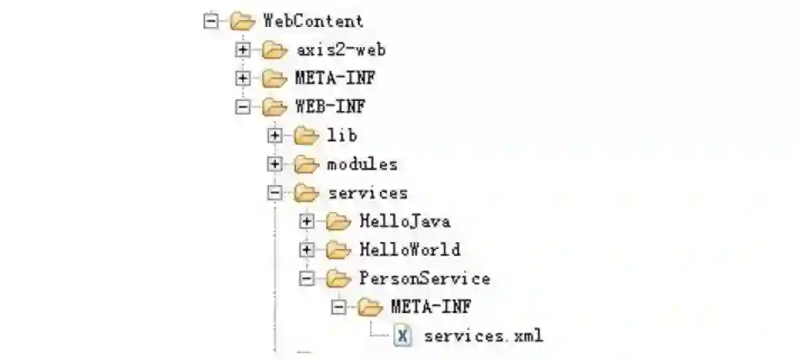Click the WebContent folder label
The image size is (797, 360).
(x=313, y=21)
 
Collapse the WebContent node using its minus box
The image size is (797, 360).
(x=211, y=21)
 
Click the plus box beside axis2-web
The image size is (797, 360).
(x=243, y=50)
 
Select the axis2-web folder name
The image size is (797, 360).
(x=340, y=50)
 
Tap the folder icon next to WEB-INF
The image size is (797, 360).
(x=274, y=107)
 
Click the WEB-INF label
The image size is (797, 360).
(x=330, y=107)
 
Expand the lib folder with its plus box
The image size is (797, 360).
(x=275, y=135)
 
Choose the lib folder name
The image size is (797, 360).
(x=342, y=135)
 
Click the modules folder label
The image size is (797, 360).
(x=362, y=164)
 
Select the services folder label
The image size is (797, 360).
(x=367, y=193)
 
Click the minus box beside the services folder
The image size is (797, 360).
(x=275, y=193)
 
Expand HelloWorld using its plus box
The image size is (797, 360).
(x=307, y=250)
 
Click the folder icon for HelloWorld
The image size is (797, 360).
(x=338, y=249)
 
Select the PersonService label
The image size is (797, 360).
(x=425, y=278)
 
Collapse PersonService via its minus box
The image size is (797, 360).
(x=307, y=278)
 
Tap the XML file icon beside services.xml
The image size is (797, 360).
(x=403, y=336)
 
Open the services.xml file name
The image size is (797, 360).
(x=483, y=336)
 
